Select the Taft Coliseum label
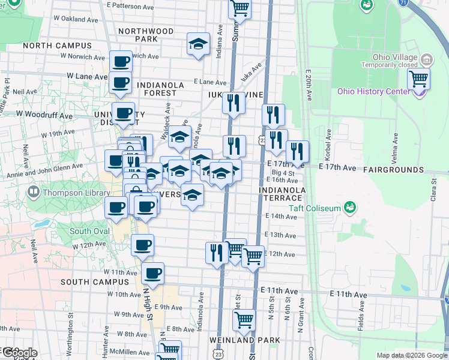[314, 208]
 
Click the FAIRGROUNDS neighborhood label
[393, 170]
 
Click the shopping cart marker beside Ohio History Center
[419, 79]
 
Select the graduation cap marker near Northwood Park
[198, 44]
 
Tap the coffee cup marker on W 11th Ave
[153, 274]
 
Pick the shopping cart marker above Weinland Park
[244, 321]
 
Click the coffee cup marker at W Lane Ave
[121, 83]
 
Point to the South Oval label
[89, 231]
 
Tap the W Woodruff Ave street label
[44, 114]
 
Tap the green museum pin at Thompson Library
[33, 193]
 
